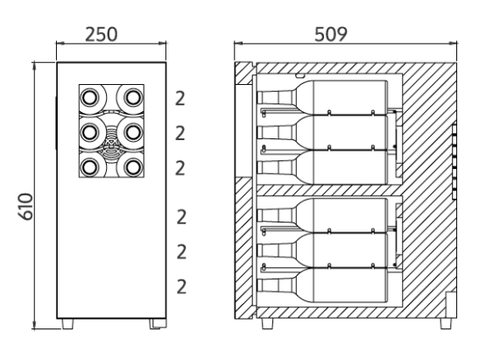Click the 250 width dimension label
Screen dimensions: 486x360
[x=102, y=34]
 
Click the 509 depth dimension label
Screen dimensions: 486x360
[x=331, y=34]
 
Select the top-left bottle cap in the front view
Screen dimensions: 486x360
[x=90, y=97]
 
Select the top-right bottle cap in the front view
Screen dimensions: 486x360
[x=133, y=97]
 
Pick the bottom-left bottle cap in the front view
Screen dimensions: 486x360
[x=90, y=166]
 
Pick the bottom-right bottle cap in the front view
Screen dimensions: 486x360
[x=133, y=166]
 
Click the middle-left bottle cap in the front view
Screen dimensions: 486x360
[x=90, y=132]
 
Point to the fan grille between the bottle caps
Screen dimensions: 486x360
[x=111, y=144]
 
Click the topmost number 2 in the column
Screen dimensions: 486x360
[x=180, y=99]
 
